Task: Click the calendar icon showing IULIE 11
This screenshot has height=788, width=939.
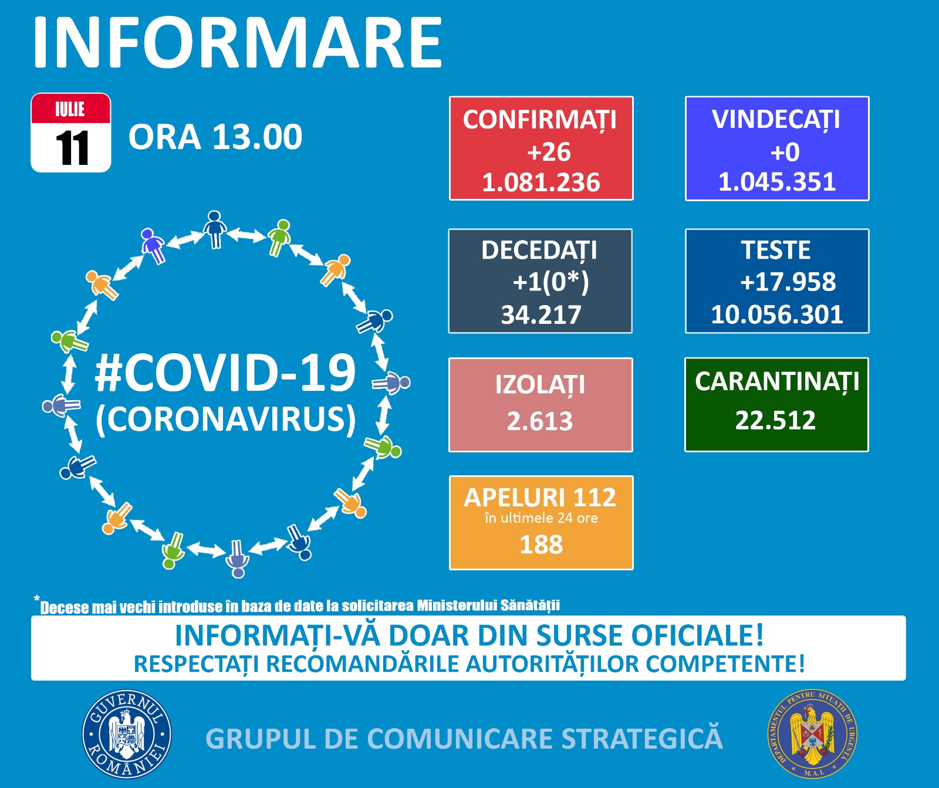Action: [x=71, y=133]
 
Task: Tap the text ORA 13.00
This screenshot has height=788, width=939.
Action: [x=215, y=137]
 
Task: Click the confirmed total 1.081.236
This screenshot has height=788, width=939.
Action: [x=541, y=182]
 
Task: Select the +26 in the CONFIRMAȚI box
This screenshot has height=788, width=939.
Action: [x=549, y=152]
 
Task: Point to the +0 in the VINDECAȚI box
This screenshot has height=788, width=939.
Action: [x=785, y=152]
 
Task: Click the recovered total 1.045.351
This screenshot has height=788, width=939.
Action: [x=777, y=182]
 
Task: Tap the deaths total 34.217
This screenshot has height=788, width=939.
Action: [x=541, y=315]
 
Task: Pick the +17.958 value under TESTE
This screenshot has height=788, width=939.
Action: [x=788, y=282]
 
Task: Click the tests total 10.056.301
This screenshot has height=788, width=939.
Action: [x=777, y=314]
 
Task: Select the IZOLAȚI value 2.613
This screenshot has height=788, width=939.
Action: [x=540, y=421]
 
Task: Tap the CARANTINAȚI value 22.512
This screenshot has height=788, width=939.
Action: [x=776, y=420]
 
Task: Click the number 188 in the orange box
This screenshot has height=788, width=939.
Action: [x=541, y=545]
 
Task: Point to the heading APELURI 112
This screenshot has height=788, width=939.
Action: [x=541, y=498]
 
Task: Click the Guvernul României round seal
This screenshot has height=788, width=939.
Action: [x=127, y=734]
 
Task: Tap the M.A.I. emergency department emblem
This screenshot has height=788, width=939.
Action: [x=812, y=734]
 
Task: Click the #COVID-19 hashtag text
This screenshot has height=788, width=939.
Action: [x=225, y=373]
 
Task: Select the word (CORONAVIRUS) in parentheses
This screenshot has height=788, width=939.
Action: [x=226, y=420]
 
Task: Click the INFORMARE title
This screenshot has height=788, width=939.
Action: [x=238, y=42]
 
